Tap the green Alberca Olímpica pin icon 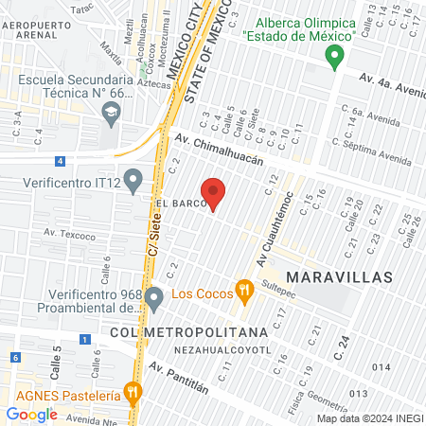pos(333,58)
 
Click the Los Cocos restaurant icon pos(244,292)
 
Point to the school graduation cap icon pos(111,113)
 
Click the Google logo pos(31,415)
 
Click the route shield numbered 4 pos(60,162)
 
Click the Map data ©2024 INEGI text pos(368,417)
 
